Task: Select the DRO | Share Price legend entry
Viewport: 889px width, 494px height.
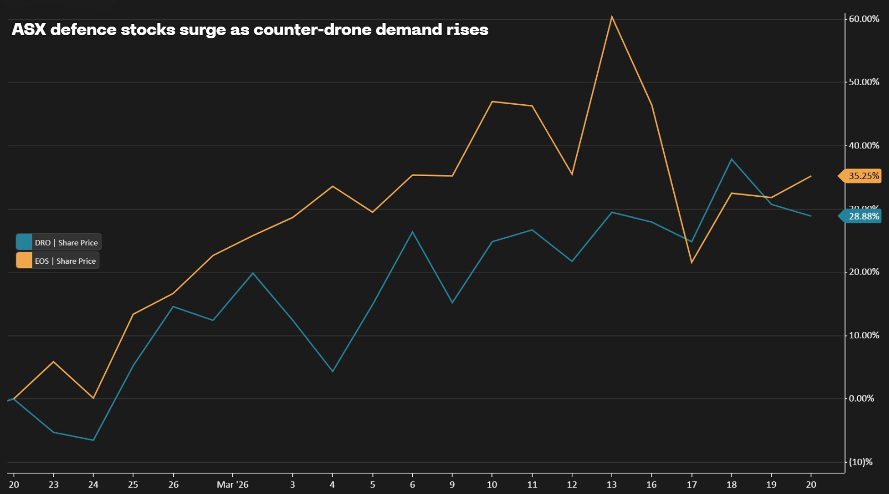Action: tap(58, 242)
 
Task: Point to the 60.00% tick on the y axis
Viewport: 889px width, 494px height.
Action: tap(863, 19)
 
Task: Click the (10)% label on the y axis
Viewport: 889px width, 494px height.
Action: tap(860, 462)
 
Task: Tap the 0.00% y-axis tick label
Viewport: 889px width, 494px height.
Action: tap(861, 398)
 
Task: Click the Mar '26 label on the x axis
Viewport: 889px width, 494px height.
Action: tap(233, 484)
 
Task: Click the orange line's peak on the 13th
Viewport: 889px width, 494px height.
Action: tap(612, 16)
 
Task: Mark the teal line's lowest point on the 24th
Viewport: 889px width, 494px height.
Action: tap(94, 440)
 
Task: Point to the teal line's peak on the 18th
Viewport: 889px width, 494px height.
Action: tap(732, 159)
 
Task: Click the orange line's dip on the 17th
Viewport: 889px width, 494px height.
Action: tap(691, 262)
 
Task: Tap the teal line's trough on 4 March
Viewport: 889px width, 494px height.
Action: tap(333, 371)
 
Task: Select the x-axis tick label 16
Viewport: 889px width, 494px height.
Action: tap(651, 484)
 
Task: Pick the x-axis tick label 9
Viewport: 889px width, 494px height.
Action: tap(452, 484)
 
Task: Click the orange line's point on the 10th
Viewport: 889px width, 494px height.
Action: tap(492, 102)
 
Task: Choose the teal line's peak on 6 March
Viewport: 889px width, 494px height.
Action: tap(412, 232)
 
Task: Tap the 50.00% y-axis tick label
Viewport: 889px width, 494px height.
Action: tap(863, 82)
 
